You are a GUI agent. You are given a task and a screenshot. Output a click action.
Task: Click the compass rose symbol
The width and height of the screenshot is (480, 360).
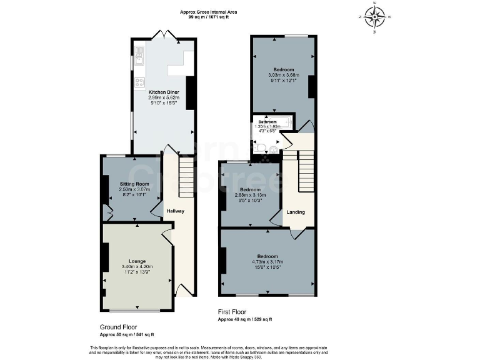[x=375, y=17]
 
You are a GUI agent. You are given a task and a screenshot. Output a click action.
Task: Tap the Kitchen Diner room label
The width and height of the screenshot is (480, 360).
[x=164, y=92]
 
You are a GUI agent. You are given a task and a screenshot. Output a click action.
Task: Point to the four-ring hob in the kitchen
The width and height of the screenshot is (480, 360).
[x=139, y=82]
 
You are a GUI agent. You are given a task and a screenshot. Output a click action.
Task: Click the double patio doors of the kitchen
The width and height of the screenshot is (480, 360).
[x=164, y=35]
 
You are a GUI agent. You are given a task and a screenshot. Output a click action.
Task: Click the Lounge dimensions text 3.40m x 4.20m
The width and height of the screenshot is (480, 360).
[x=137, y=267]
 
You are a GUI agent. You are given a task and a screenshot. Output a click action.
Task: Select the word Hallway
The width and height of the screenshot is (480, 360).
[x=175, y=211]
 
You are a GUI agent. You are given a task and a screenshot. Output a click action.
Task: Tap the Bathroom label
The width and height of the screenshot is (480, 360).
[x=267, y=122]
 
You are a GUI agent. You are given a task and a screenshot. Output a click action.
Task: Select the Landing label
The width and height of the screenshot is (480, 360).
[x=295, y=212]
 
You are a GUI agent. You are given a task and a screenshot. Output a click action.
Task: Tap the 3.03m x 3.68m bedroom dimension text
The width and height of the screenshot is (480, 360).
[x=283, y=75]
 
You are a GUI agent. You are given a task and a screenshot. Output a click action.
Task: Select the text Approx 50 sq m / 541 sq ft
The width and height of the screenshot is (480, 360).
[x=127, y=334]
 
